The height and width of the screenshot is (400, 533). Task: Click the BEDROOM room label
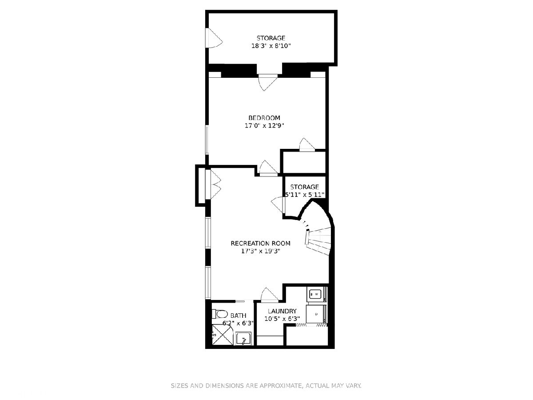click(x=264, y=118)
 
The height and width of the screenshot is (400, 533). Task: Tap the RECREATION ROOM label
click(x=261, y=244)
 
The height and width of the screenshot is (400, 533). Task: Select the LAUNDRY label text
click(x=282, y=311)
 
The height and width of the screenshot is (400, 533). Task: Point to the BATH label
click(x=238, y=316)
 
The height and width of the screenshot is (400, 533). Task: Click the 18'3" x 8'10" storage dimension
click(x=271, y=46)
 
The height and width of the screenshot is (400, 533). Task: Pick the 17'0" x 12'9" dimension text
click(x=264, y=126)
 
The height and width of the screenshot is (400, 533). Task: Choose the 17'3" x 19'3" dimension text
click(x=261, y=251)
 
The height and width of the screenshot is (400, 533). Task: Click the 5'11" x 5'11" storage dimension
click(x=305, y=195)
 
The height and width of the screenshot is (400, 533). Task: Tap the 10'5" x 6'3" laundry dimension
click(x=282, y=319)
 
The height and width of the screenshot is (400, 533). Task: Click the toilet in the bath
click(x=219, y=314)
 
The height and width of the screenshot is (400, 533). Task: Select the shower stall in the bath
click(x=223, y=335)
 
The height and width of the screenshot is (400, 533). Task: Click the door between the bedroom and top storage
click(x=268, y=82)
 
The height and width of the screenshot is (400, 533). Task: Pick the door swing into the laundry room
click(x=270, y=295)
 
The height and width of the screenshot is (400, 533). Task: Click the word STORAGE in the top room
click(x=271, y=38)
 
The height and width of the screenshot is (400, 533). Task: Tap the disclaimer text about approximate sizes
click(x=266, y=386)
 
